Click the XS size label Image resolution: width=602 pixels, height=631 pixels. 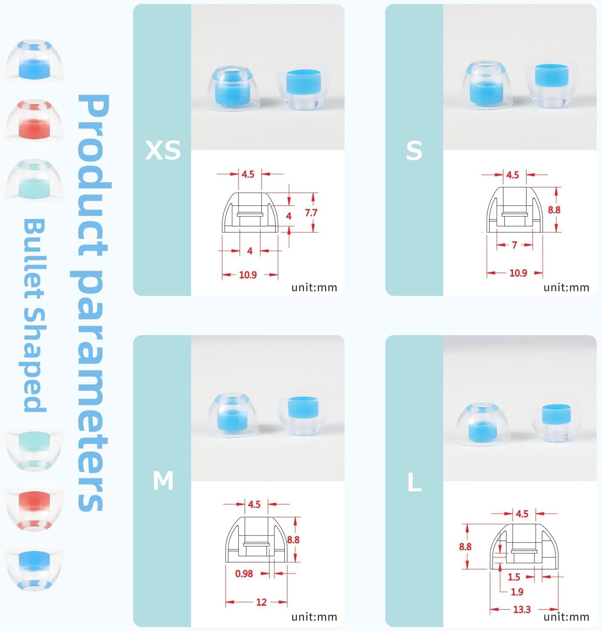pos(162,150)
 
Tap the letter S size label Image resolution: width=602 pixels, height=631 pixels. pos(414,150)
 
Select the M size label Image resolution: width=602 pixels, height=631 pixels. pos(163,480)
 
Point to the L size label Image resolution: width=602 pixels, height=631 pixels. pos(414,482)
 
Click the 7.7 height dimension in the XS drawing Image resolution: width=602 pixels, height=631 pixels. pos(311,213)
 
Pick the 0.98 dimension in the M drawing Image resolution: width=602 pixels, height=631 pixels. pos(244,573)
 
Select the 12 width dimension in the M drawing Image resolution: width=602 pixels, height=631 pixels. pos(261,602)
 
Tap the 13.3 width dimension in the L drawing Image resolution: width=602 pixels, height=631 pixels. pos(522,609)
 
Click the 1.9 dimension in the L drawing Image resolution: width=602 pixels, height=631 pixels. pos(517,592)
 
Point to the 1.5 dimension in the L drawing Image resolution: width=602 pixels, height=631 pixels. pos(514,577)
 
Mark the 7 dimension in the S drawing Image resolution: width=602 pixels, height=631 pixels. pos(514,245)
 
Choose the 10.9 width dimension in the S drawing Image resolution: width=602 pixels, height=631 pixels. pos(518,273)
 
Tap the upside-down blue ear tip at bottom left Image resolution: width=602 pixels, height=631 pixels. pos(34,569)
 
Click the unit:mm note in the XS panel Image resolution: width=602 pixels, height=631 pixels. pos(314,288)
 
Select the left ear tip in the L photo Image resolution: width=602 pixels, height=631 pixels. pos(482,425)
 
